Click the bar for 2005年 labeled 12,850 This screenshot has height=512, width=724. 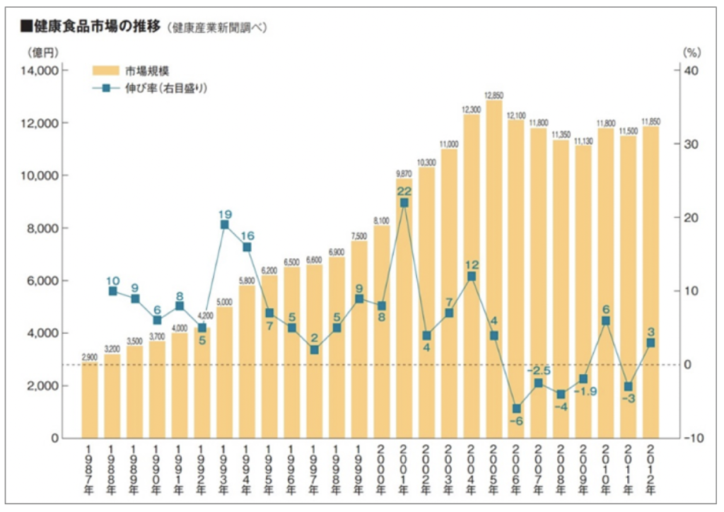pos(494,269)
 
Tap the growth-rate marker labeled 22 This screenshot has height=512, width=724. pos(404,202)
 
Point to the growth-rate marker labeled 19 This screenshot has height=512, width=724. pos(225,224)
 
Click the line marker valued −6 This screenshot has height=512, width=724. pos(516,409)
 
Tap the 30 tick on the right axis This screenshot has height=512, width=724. pos(690,144)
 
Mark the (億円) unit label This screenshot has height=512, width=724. pos(43,52)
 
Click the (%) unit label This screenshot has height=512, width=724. pos(691,52)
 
